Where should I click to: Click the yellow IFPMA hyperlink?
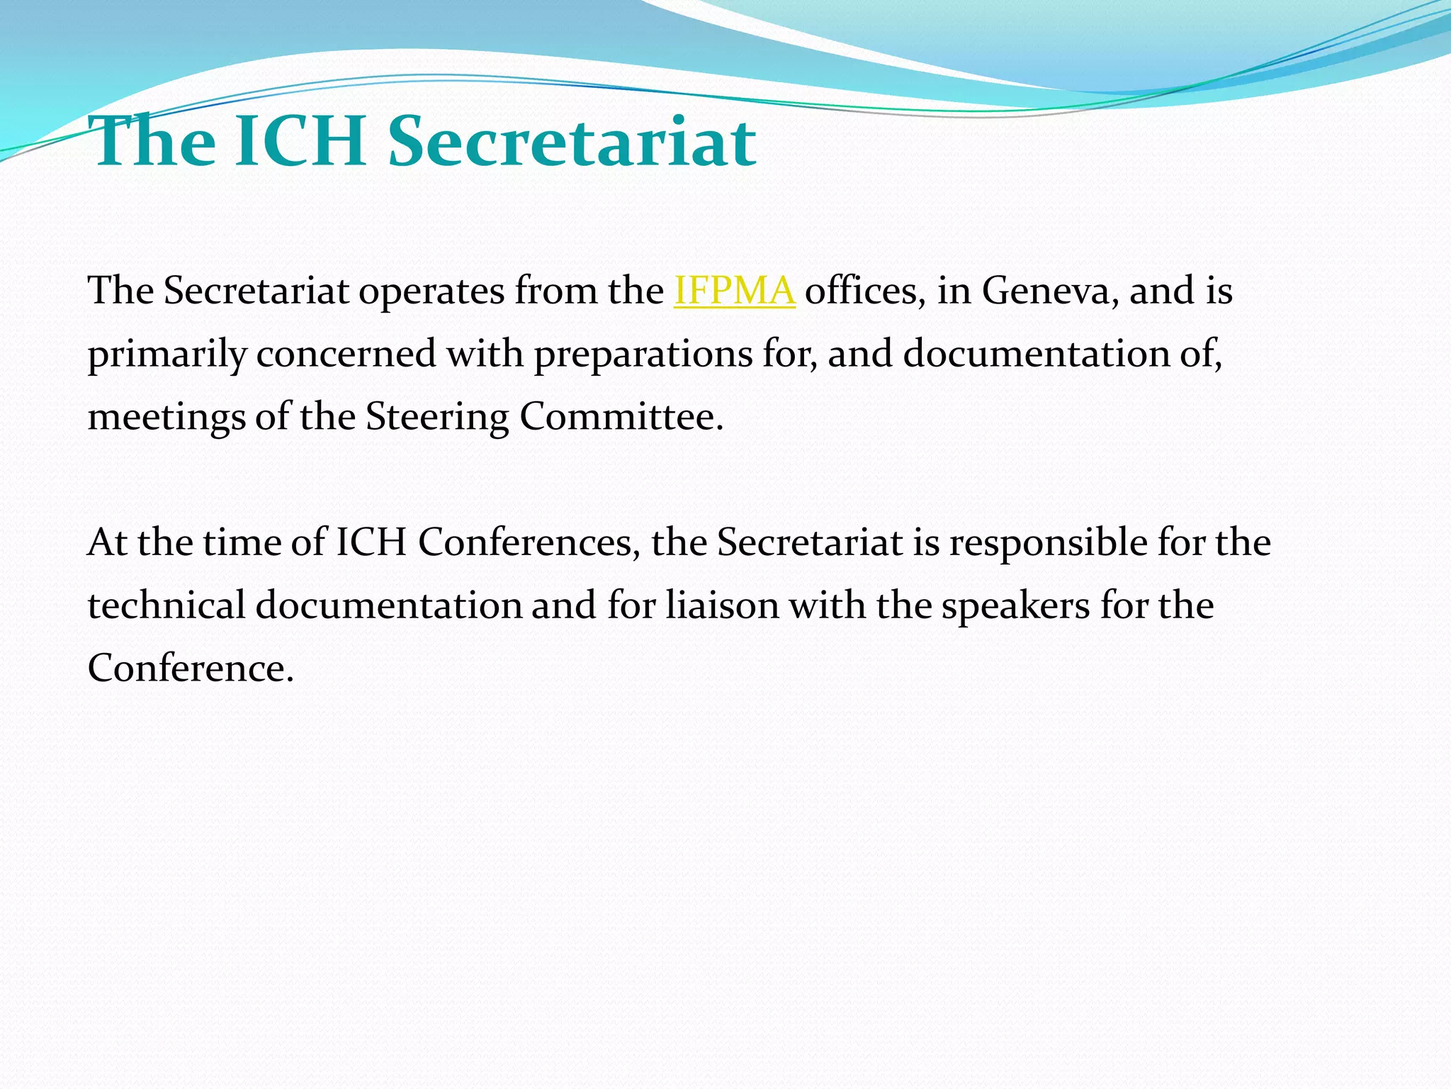[x=734, y=291]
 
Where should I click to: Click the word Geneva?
[x=1046, y=291]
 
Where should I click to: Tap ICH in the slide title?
[x=299, y=142]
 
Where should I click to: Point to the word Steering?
[x=437, y=417]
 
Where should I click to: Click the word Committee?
[x=621, y=417]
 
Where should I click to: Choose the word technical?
[x=166, y=605]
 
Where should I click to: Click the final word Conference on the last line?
[x=190, y=669]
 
